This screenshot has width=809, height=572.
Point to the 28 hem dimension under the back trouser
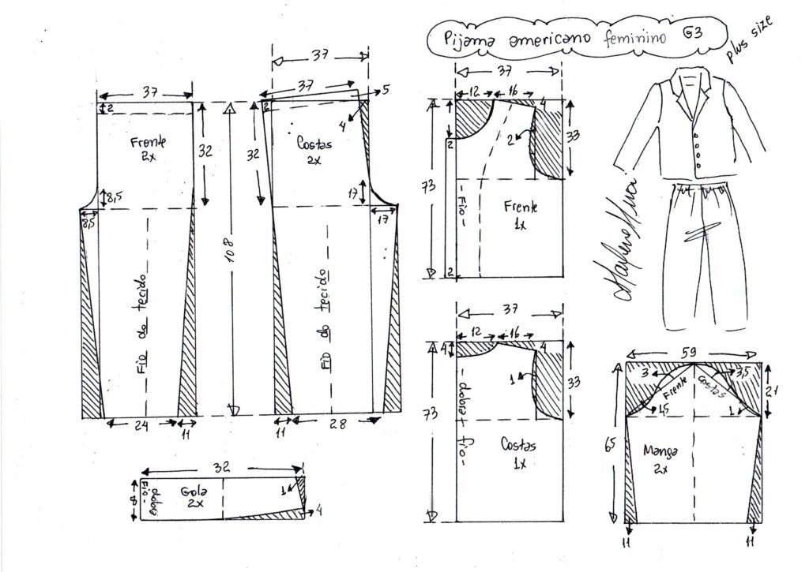point(338,424)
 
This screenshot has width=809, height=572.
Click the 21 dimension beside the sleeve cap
point(777,388)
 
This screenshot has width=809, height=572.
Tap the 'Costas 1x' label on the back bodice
point(518,454)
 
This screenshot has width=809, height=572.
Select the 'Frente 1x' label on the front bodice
point(521,214)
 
